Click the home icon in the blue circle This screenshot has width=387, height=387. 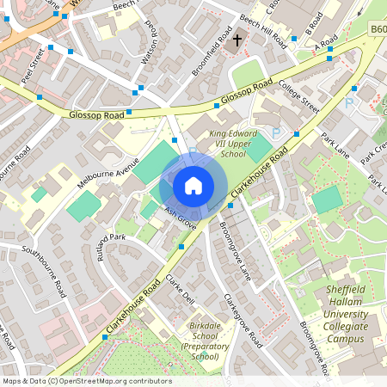pyautogui.click(x=193, y=185)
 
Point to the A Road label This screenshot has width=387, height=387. pyautogui.click(x=326, y=42)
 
